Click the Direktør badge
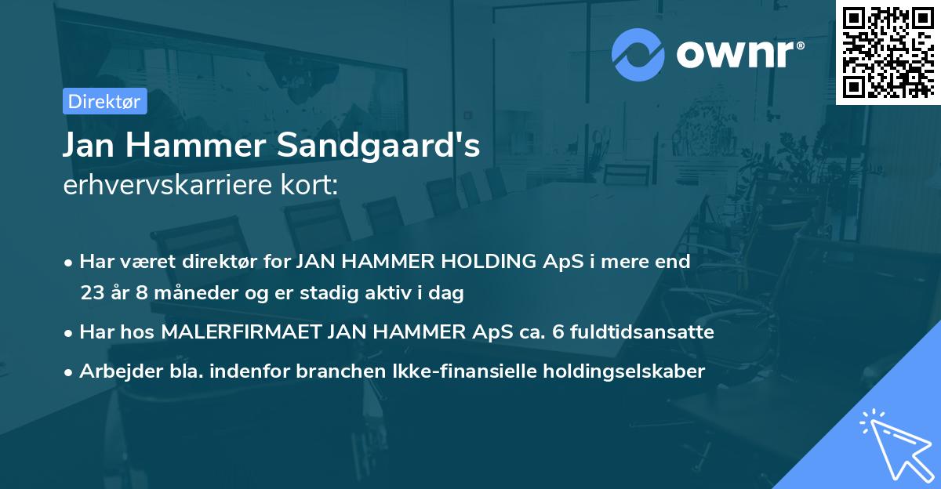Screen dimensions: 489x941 tap(104, 101)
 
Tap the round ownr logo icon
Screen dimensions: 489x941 tap(638, 54)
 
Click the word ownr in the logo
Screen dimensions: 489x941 tap(737, 54)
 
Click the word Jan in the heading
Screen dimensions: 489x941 tap(89, 147)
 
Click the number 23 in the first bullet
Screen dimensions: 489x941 tap(91, 294)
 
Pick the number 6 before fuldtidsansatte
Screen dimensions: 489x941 tap(558, 332)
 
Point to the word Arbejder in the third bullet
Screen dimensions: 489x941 tap(113, 371)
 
